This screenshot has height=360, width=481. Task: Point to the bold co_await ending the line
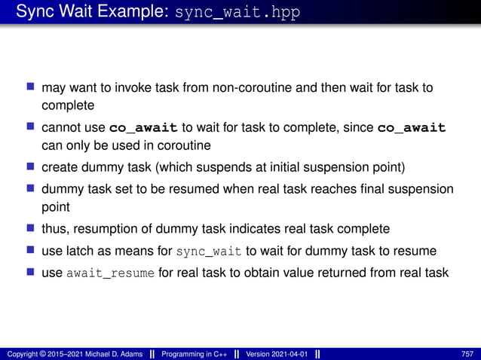pyautogui.click(x=412, y=128)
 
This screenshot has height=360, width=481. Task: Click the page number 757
pyautogui.click(x=467, y=353)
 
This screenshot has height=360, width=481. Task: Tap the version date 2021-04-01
pyautogui.click(x=287, y=353)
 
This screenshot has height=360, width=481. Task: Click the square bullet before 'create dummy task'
pyautogui.click(x=31, y=166)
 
